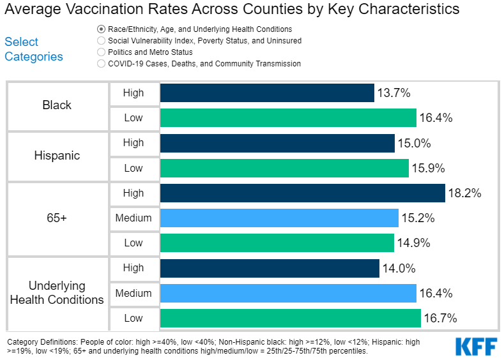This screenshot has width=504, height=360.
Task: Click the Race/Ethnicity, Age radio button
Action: click(x=101, y=29)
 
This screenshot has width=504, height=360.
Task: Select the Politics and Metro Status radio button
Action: click(x=101, y=52)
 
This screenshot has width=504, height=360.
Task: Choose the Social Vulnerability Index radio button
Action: click(x=101, y=41)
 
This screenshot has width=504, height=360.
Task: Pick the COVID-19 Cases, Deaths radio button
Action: click(x=101, y=64)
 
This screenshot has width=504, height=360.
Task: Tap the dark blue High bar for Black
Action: click(x=267, y=93)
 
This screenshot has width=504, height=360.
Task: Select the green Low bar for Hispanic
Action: click(x=284, y=169)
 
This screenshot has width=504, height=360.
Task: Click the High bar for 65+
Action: click(x=302, y=193)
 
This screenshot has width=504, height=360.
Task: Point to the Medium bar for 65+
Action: click(x=279, y=218)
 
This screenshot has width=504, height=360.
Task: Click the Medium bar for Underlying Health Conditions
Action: click(x=288, y=294)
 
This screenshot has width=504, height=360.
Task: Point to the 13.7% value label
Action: click(x=394, y=93)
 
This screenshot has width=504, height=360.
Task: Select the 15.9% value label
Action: click(x=429, y=169)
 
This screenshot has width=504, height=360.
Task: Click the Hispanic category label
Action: click(x=57, y=156)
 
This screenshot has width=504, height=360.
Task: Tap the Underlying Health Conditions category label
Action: click(x=57, y=293)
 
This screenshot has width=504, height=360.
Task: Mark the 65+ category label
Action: click(x=57, y=218)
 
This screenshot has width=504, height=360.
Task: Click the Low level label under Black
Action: click(x=134, y=118)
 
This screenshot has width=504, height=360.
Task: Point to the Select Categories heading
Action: click(x=34, y=49)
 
